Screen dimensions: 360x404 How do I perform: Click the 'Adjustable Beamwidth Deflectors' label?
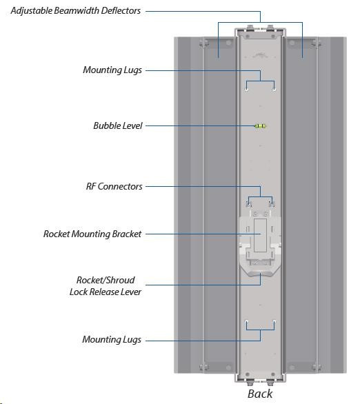click(x=76, y=10)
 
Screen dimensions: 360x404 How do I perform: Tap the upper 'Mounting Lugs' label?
click(x=112, y=70)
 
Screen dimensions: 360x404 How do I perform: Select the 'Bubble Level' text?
click(x=118, y=125)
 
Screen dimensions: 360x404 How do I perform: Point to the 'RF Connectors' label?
click(x=114, y=186)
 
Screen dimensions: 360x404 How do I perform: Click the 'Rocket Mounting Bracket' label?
click(x=92, y=234)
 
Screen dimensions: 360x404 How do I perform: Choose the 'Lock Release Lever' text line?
click(x=106, y=292)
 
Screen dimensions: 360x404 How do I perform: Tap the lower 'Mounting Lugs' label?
click(x=112, y=339)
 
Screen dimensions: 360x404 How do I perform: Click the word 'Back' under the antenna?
click(x=260, y=394)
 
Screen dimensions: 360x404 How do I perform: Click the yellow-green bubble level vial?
click(x=260, y=126)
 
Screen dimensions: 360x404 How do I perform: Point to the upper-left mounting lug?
click(x=247, y=90)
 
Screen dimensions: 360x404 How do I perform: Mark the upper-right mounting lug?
click(x=274, y=90)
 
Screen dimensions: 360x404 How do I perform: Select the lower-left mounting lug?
click(x=247, y=321)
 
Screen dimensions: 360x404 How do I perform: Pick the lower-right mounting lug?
click(x=274, y=321)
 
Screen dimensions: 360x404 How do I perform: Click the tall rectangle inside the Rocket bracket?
click(x=260, y=236)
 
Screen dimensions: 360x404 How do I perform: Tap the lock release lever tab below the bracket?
click(x=260, y=273)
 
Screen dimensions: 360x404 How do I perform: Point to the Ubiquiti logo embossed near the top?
click(x=260, y=54)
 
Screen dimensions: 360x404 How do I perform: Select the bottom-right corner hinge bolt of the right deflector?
click(x=316, y=367)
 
